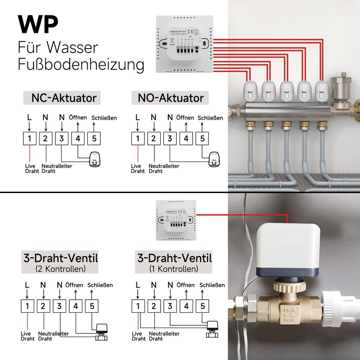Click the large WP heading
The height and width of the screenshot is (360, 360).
click(x=38, y=25)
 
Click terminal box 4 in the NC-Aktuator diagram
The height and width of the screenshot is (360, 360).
click(x=78, y=139)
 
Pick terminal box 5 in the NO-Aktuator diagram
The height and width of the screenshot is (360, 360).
click(x=202, y=139)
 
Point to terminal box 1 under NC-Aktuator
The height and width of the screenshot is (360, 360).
click(x=29, y=139)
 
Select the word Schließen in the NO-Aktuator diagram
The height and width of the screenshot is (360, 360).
click(x=210, y=118)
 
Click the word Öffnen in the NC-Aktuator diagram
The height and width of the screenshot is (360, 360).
click(x=77, y=117)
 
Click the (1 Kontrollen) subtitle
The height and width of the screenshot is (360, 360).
click(x=174, y=269)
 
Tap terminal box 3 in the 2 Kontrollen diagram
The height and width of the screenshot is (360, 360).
click(x=59, y=306)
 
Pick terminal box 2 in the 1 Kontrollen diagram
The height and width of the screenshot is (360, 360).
click(x=153, y=306)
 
